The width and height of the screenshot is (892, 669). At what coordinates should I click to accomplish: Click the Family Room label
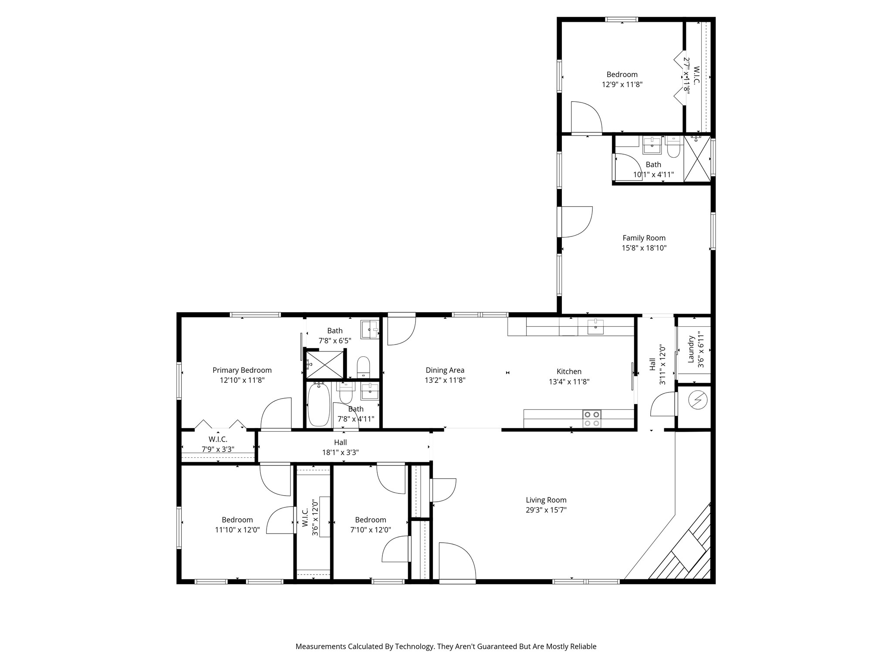[x=644, y=238]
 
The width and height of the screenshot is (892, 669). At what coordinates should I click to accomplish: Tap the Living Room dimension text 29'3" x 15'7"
[x=546, y=510]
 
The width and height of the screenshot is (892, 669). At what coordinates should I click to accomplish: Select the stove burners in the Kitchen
[x=592, y=419]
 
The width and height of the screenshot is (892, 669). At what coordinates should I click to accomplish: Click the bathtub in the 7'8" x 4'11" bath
[x=319, y=404]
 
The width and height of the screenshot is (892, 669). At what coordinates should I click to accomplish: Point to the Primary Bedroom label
[x=242, y=370]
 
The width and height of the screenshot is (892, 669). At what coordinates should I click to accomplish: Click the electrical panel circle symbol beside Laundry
[x=696, y=400]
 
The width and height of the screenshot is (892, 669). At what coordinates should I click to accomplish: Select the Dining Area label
[x=445, y=370]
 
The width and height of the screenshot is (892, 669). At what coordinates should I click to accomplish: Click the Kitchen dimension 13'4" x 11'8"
[x=569, y=382]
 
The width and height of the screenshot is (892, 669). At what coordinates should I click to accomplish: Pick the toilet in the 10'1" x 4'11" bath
[x=673, y=147]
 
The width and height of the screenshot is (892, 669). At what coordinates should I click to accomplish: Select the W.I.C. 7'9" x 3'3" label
[x=218, y=444]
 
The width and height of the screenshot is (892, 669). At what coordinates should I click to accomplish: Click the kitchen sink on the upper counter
[x=595, y=326]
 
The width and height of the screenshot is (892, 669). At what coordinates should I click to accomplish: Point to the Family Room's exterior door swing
[x=577, y=222]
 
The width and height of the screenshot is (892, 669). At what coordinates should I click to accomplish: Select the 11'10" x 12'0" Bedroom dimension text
[x=237, y=530]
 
